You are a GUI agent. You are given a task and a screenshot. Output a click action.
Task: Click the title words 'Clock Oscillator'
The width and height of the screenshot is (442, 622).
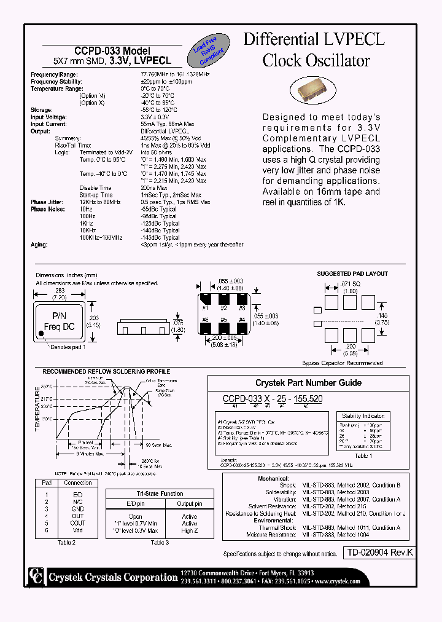pos(316,61)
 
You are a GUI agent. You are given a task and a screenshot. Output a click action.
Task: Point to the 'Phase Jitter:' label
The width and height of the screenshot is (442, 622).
pos(47,202)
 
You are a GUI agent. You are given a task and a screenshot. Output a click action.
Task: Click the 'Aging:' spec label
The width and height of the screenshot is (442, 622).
pos(39,245)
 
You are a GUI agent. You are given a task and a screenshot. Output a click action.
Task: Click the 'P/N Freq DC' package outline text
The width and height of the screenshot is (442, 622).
pos(58,321)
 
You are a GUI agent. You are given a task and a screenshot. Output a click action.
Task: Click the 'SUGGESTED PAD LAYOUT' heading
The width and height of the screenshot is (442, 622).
pos(352,274)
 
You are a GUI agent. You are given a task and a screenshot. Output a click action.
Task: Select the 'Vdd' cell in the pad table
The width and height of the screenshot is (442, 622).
pos(78,530)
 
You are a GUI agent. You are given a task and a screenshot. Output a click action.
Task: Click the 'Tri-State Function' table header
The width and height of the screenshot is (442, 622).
pos(159,494)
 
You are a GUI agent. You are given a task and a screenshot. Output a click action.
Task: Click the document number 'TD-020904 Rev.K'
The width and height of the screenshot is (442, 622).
pos(378,553)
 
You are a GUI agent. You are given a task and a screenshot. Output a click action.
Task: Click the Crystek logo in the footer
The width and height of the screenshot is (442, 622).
pos(35,577)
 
